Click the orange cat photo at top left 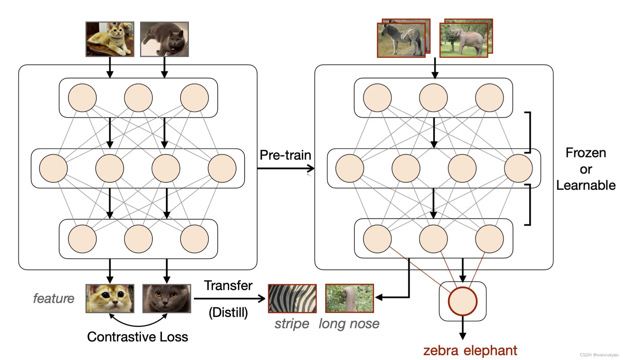[110, 39]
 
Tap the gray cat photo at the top [164, 39]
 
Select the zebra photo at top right [401, 40]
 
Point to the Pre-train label [285, 155]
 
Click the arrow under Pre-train [285, 168]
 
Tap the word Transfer [228, 286]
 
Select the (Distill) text [228, 312]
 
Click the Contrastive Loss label [137, 337]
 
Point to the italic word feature [54, 298]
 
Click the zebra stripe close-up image [292, 298]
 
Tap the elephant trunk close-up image [350, 298]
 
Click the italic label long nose [349, 324]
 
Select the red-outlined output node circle [462, 301]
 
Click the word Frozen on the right [586, 153]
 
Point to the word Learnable [586, 185]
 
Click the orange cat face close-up [110, 298]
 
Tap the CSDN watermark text [599, 355]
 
